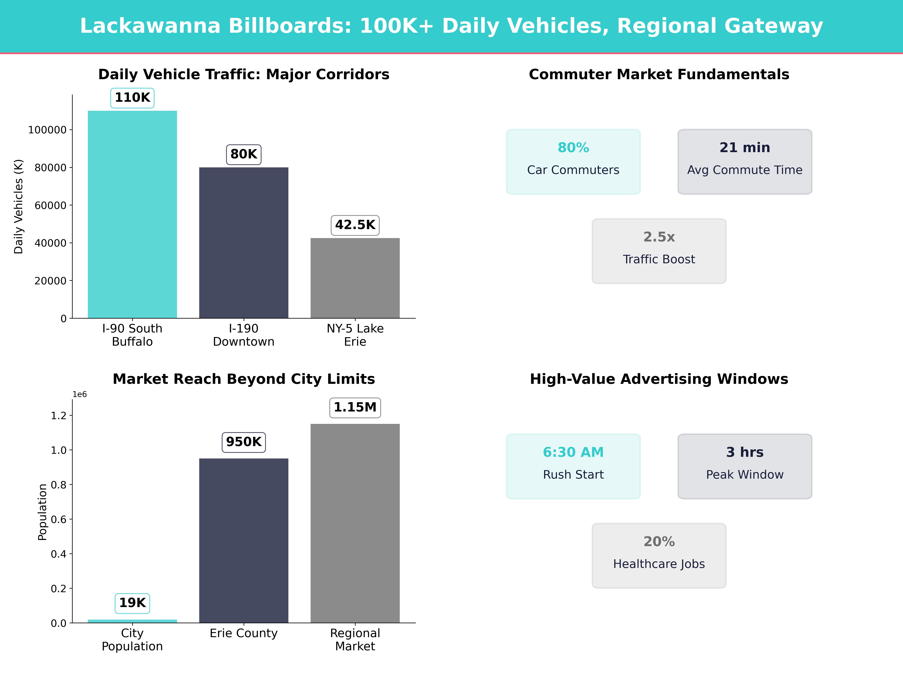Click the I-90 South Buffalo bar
point(132,214)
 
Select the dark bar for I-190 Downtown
point(244,243)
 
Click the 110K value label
point(132,98)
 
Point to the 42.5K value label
point(355,225)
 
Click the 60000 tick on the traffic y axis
point(50,205)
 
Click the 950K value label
point(244,442)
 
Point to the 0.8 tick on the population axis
point(58,485)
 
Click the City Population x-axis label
point(132,639)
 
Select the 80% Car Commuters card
point(573,162)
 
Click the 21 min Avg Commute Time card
point(745,162)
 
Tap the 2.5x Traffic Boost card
point(659,251)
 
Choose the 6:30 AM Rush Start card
point(573,466)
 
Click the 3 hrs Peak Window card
point(745,466)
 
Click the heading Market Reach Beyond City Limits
point(244,379)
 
